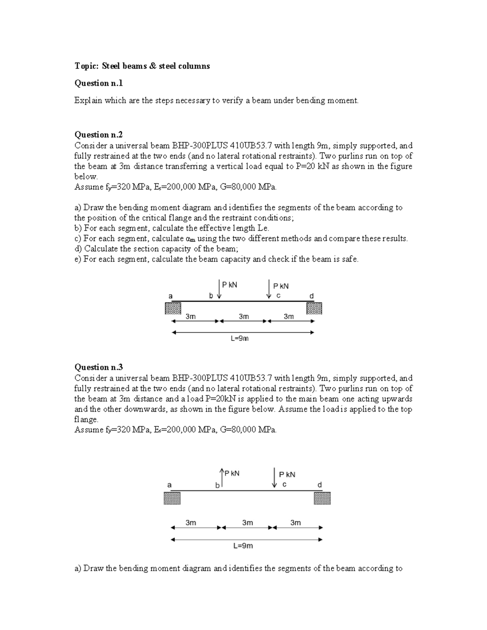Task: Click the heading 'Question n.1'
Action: [x=98, y=83]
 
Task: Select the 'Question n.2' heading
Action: [x=98, y=135]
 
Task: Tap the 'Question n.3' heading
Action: [x=98, y=367]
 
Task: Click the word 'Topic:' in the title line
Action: [x=86, y=66]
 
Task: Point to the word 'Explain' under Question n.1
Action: [x=88, y=101]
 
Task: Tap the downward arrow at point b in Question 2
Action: [x=219, y=289]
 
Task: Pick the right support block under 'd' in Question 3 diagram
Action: [x=322, y=498]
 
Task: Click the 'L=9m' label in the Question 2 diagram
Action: [x=239, y=338]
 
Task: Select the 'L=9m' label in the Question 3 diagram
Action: [x=243, y=546]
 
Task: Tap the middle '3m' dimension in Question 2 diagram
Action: [x=243, y=316]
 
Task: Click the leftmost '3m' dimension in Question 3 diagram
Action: [x=191, y=522]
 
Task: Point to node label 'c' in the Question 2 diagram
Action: [x=278, y=296]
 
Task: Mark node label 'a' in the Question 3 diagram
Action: [x=170, y=485]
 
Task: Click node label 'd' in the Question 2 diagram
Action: [x=312, y=296]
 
